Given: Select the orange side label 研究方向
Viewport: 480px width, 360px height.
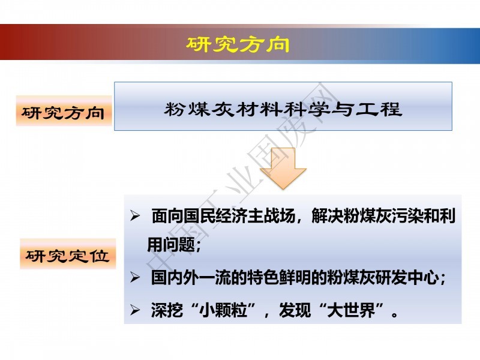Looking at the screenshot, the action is click(64, 113).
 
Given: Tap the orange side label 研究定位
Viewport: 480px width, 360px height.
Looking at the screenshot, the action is click(68, 256).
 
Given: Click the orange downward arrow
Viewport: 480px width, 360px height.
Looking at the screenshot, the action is click(283, 169).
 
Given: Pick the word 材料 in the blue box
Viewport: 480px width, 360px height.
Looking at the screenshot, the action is click(259, 109).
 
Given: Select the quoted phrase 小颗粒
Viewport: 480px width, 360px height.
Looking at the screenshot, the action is click(223, 310).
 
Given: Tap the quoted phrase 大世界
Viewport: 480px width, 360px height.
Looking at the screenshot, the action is click(352, 310).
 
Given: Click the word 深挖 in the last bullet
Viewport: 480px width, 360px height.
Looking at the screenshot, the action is click(167, 310).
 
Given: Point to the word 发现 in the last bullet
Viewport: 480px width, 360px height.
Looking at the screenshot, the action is click(295, 310).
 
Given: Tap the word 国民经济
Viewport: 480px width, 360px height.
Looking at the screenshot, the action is click(215, 216).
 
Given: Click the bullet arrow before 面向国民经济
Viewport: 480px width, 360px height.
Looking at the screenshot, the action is click(135, 216).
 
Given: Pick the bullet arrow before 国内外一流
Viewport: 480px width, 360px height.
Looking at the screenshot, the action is click(135, 277).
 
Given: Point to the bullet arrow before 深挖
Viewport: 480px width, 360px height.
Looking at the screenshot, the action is click(135, 310).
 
